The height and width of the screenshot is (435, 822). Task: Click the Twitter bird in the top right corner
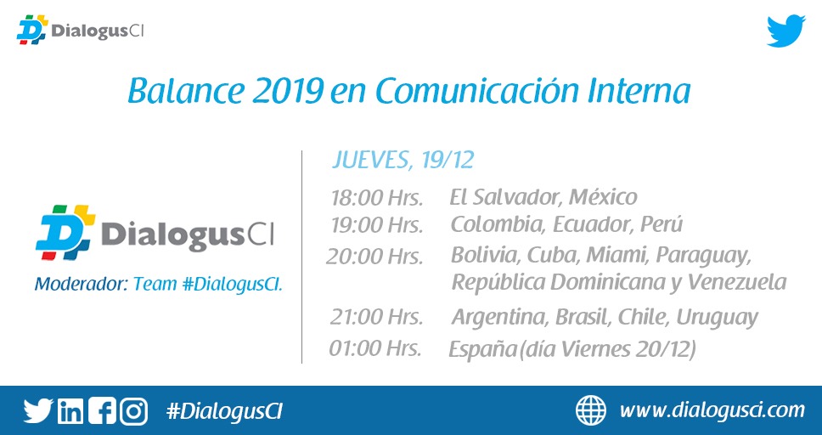pos(785,31)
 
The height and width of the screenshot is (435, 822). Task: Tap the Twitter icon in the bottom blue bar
pos(38,411)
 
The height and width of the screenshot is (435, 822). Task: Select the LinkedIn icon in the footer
pos(70,411)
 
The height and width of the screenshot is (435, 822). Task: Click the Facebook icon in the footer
pos(102,411)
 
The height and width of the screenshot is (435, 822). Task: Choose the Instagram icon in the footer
pos(133,411)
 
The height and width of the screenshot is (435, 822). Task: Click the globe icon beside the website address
pos(591,410)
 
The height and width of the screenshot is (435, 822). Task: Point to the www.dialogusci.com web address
pos(712,410)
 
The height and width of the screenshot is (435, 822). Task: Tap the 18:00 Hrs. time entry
pos(377,199)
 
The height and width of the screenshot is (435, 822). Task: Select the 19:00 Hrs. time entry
pos(377,226)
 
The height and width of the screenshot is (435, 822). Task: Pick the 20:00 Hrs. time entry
pos(374,257)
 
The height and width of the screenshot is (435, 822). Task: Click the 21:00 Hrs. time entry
pos(376,318)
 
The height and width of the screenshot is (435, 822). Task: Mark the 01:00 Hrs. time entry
pos(375,348)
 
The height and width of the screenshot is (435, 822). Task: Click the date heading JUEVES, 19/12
pos(403,160)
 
